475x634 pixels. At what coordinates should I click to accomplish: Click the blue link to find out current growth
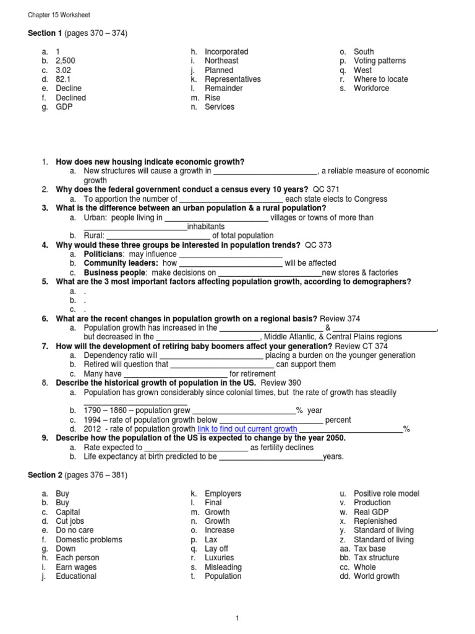(247, 428)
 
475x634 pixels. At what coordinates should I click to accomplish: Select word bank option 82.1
(65, 79)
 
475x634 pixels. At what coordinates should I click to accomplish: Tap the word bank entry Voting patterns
(380, 61)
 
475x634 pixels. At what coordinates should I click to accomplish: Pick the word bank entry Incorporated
(226, 51)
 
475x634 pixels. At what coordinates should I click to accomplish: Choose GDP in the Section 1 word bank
(64, 106)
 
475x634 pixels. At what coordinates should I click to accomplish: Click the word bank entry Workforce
(371, 89)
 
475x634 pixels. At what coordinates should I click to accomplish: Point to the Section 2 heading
(77, 475)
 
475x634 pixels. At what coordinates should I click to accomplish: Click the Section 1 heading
(77, 33)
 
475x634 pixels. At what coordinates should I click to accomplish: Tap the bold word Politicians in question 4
(103, 254)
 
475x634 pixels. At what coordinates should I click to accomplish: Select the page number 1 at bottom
(237, 617)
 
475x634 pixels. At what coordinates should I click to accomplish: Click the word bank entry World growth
(377, 576)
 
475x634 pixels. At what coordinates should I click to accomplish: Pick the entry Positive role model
(387, 493)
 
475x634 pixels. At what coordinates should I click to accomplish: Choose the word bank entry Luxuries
(220, 558)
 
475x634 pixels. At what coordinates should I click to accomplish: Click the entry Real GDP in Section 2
(372, 512)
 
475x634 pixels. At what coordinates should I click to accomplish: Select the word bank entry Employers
(223, 493)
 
